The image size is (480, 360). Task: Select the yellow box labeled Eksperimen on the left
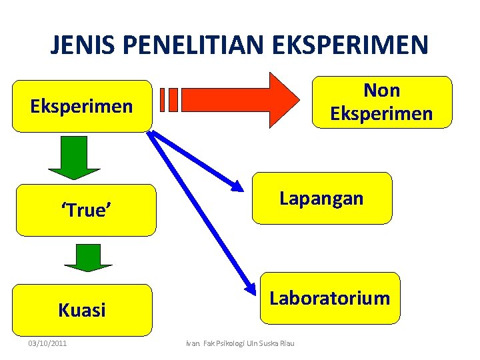[82, 106]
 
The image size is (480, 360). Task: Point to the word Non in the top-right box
[381, 90]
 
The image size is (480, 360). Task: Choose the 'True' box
[86, 211]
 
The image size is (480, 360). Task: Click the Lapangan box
[321, 198]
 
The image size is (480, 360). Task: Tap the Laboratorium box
[329, 298]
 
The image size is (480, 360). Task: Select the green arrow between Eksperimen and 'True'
[75, 157]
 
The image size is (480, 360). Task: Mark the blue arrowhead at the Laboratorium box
[249, 289]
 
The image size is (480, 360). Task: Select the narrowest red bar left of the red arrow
[164, 99]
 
